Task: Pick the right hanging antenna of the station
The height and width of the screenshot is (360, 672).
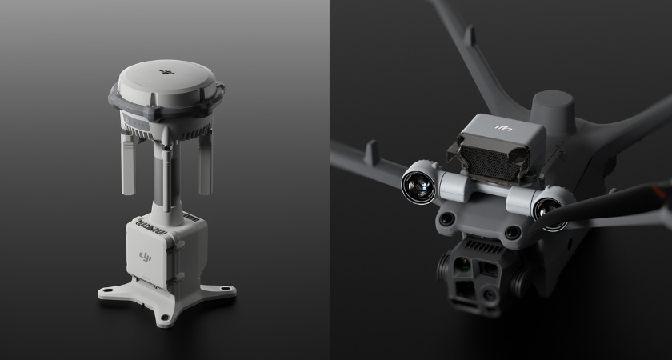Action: [205, 163]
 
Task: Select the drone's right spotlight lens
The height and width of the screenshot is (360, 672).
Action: [550, 210]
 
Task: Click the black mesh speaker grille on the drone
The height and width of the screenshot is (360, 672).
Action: [489, 164]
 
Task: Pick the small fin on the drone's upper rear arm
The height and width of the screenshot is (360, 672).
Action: [470, 37]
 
